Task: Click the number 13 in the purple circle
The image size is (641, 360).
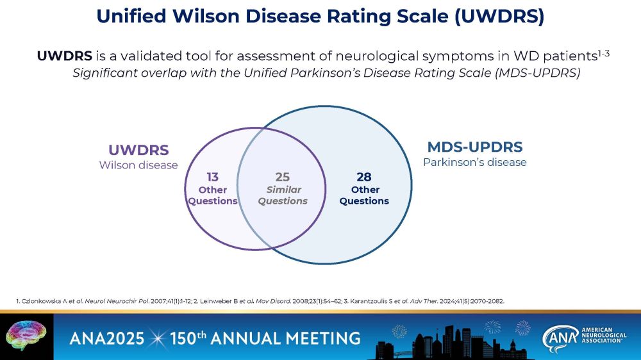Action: click(x=212, y=177)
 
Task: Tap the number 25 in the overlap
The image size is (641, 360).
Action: click(x=283, y=177)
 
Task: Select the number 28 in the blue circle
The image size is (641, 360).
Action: click(x=363, y=177)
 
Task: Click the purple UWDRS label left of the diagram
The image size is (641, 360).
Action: click(x=138, y=151)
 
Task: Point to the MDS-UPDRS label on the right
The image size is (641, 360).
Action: click(x=475, y=147)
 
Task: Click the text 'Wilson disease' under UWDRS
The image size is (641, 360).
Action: click(x=138, y=165)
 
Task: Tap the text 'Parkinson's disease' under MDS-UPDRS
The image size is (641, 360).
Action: click(x=475, y=162)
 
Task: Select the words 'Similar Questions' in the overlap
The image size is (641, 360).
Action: click(x=283, y=195)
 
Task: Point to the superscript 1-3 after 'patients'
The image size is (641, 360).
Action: click(x=603, y=53)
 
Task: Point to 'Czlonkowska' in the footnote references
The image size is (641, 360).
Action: click(x=41, y=300)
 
